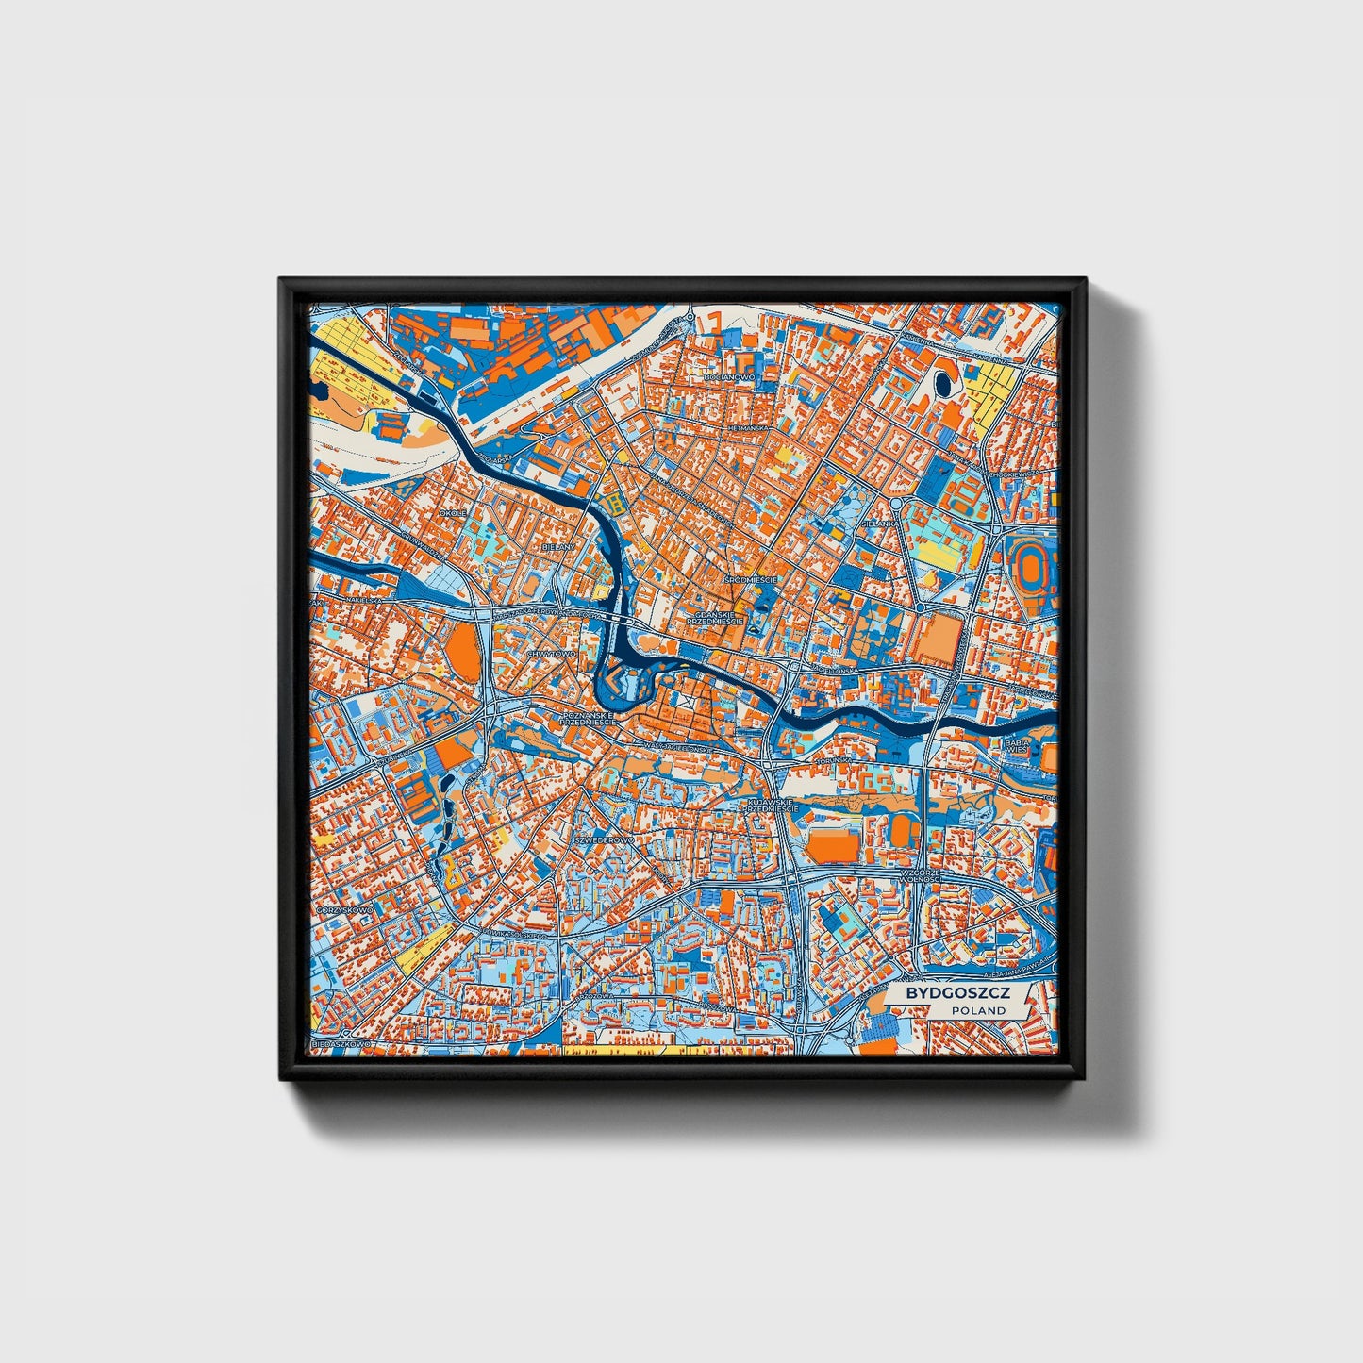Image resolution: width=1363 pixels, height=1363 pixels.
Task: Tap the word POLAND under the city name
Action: tap(978, 1010)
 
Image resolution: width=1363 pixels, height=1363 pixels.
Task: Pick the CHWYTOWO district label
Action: tap(551, 653)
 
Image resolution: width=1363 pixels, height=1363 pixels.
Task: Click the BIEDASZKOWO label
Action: tap(343, 1045)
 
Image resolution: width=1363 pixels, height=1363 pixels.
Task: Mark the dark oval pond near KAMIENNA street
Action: tap(942, 384)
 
